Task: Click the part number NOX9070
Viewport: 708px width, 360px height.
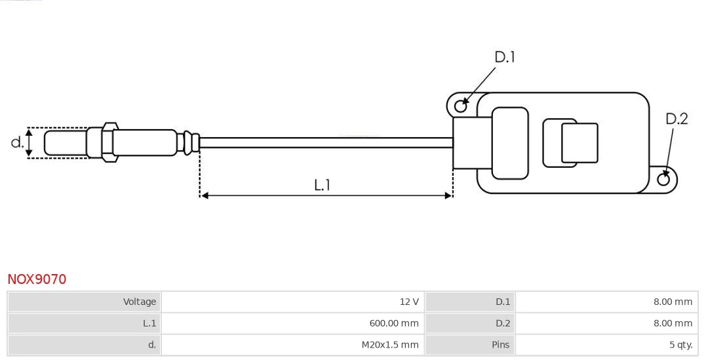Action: [37, 279]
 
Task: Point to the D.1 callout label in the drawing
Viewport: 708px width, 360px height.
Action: [504, 58]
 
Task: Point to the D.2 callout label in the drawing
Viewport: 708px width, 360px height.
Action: [677, 119]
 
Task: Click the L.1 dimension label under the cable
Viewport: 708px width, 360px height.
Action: [322, 185]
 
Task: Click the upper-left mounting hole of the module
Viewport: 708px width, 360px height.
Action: [461, 104]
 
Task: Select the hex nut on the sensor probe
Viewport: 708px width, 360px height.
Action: [109, 141]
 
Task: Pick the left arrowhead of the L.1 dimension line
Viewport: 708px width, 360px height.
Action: [204, 195]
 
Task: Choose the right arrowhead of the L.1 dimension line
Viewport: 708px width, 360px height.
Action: [449, 195]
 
